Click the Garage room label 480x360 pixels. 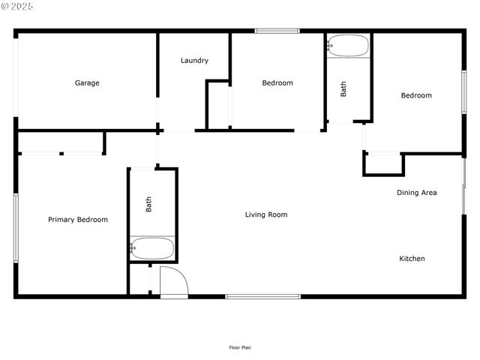[x=87, y=83]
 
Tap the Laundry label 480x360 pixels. [x=194, y=61]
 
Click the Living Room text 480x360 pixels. [x=266, y=215]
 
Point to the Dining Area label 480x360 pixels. [x=417, y=193]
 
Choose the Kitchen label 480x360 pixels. [x=412, y=259]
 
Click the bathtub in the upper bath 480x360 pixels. [x=349, y=46]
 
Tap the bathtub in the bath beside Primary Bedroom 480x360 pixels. [x=152, y=248]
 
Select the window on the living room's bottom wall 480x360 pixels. [x=263, y=296]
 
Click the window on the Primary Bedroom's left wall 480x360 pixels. [x=15, y=227]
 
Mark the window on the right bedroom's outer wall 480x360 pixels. [x=464, y=92]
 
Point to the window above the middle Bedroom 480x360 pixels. [x=277, y=31]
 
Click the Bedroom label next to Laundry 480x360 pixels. [x=277, y=83]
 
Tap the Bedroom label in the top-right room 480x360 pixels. [x=416, y=95]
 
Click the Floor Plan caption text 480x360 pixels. [x=240, y=347]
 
